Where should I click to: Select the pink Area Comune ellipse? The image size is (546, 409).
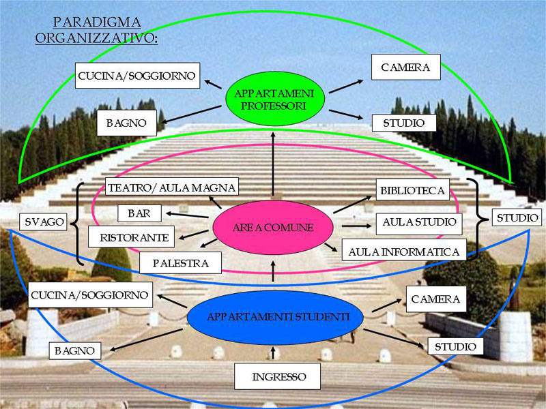272,228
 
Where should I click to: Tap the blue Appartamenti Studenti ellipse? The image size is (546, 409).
278,317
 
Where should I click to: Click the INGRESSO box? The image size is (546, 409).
278,376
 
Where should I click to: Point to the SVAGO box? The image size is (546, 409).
44,222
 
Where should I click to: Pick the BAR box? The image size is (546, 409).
139,213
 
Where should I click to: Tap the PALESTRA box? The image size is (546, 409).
182,262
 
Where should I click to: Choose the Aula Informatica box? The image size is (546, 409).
403,252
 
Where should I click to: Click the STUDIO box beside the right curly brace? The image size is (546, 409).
517,217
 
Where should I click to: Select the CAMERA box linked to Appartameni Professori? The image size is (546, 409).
405,67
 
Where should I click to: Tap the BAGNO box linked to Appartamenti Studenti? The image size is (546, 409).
74,350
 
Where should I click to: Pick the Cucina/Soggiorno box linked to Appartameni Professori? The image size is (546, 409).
137,75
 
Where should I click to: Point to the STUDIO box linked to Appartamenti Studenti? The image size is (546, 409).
455,347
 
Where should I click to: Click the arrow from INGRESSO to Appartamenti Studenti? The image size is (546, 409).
274,352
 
